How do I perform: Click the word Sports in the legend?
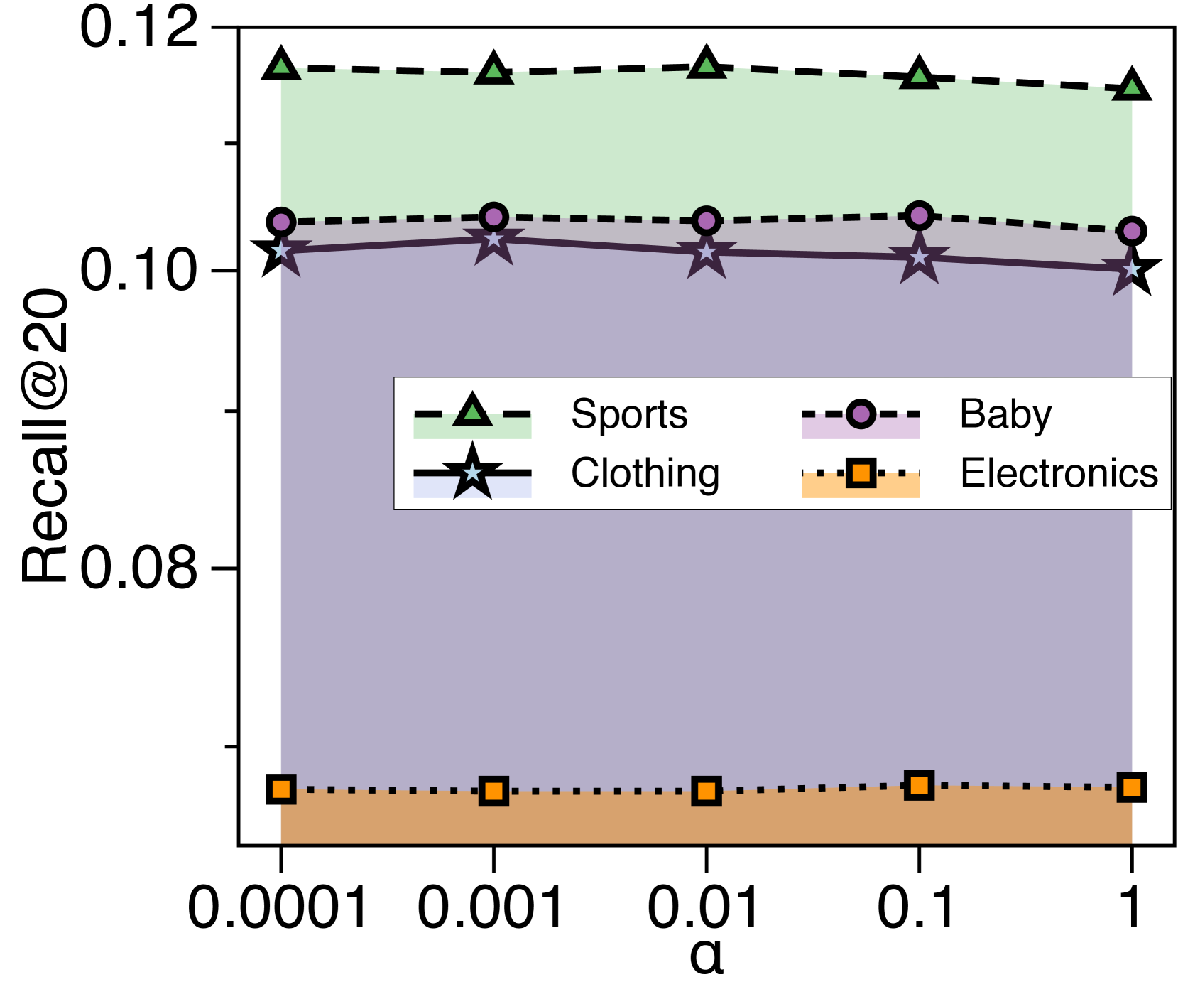[629, 414]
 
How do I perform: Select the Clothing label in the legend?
[645, 473]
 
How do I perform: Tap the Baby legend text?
[1005, 414]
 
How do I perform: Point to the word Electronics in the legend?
[1059, 473]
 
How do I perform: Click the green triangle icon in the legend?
[472, 411]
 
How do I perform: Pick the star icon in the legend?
[472, 473]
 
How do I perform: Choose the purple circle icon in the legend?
[861, 414]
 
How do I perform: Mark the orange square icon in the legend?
[861, 473]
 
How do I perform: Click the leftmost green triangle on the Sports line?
[281, 67]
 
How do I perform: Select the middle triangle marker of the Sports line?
[707, 66]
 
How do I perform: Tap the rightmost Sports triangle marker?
[1131, 88]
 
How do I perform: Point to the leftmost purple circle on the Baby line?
[281, 222]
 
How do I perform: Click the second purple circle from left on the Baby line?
[493, 217]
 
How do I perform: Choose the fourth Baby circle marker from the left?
[919, 215]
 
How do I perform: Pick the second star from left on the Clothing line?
[493, 240]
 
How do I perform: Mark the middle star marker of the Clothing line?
[707, 252]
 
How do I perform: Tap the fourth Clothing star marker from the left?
[919, 257]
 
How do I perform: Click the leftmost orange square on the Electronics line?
[282, 789]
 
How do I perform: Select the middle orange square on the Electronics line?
[707, 791]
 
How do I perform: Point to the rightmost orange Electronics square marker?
[1131, 787]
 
